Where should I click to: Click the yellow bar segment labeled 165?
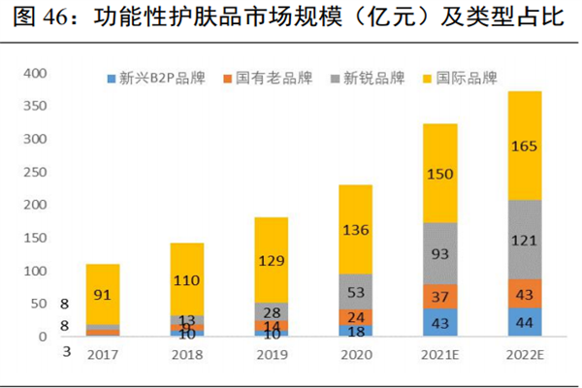pos(525,145)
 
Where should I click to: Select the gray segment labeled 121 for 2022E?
pos(525,239)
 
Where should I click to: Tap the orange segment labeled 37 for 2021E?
pos(441,297)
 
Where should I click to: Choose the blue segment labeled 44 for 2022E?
pos(525,322)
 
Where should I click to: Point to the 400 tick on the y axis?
pos(34,74)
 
